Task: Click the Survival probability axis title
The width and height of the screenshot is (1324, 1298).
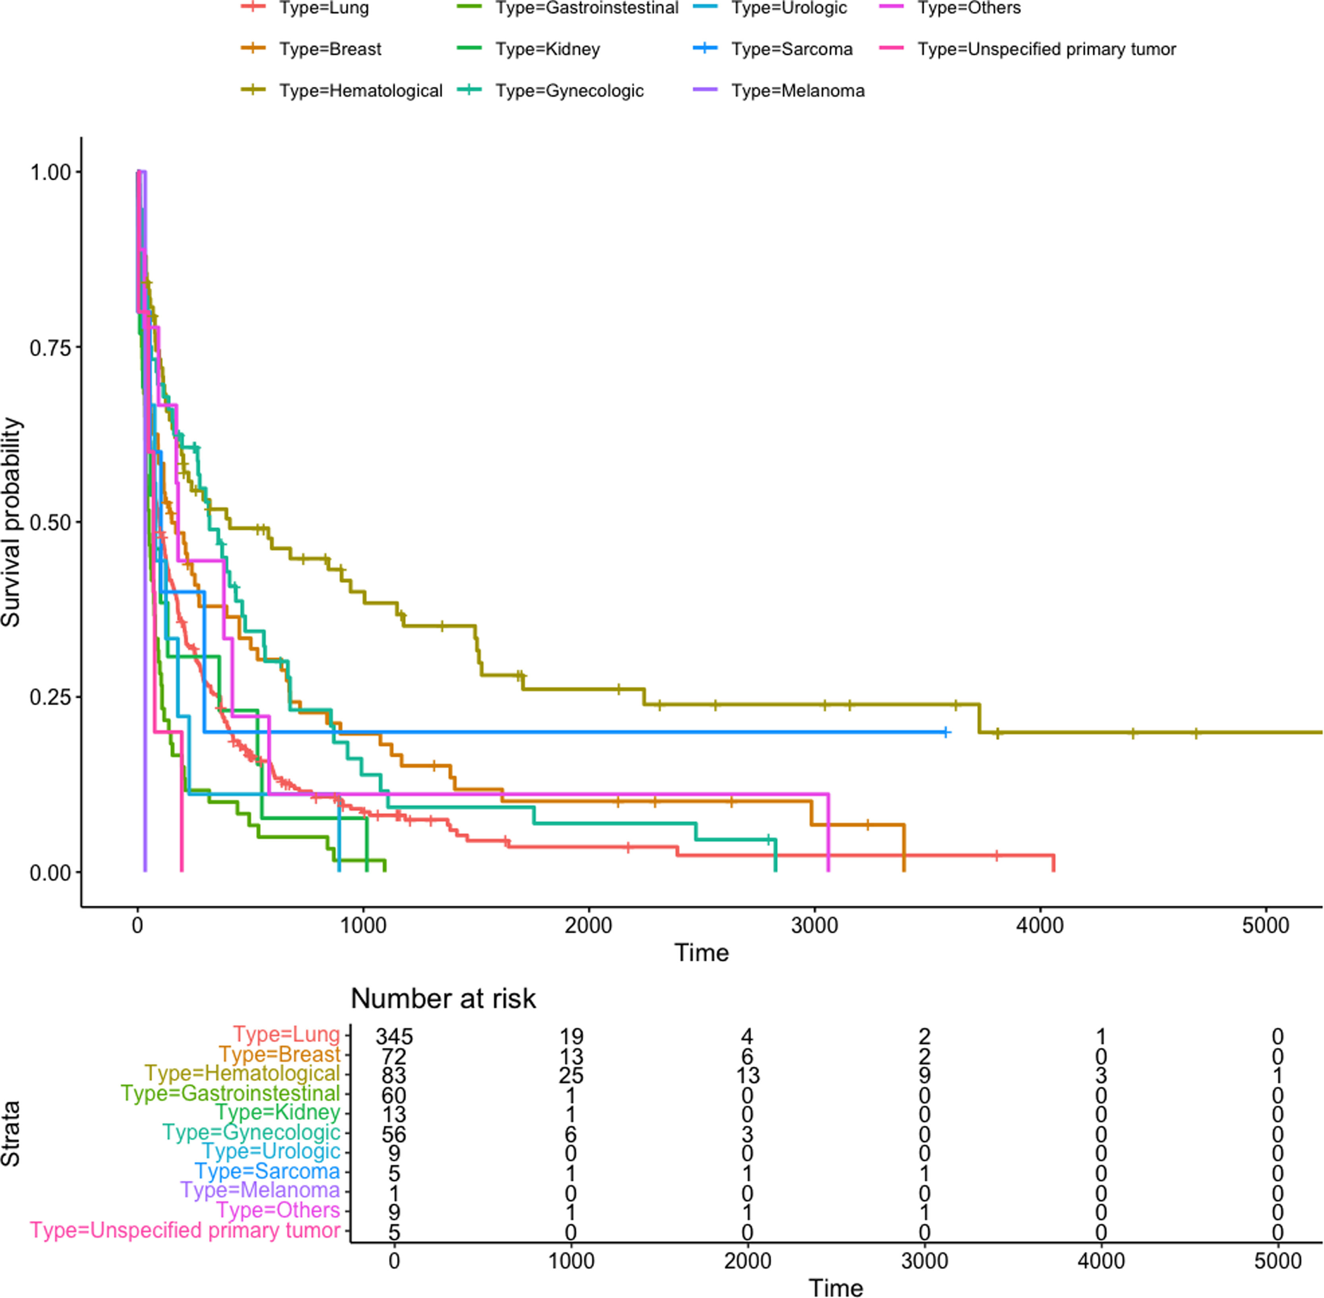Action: pyautogui.click(x=12, y=522)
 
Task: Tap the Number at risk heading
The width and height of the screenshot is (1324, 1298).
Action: pyautogui.click(x=443, y=999)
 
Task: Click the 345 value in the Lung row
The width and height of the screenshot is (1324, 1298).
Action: pyautogui.click(x=394, y=1036)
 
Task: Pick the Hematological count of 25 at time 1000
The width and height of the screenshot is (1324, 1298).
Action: pyautogui.click(x=571, y=1075)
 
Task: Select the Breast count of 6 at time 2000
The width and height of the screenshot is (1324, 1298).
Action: pyautogui.click(x=747, y=1056)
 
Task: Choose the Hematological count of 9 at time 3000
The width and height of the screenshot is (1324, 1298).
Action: pyautogui.click(x=924, y=1075)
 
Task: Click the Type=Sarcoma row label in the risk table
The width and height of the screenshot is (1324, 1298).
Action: pyautogui.click(x=267, y=1171)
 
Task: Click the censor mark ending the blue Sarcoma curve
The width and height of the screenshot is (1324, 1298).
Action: pyautogui.click(x=945, y=732)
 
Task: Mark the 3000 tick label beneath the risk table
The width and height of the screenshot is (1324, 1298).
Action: pyautogui.click(x=924, y=1261)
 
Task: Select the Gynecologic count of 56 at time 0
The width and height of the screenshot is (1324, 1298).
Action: pyautogui.click(x=394, y=1134)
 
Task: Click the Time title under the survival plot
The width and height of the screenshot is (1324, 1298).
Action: pyautogui.click(x=702, y=952)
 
